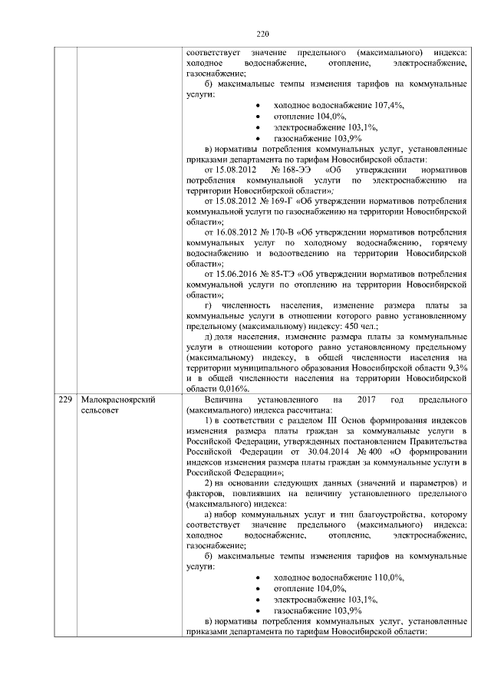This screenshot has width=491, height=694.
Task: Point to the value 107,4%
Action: (x=389, y=104)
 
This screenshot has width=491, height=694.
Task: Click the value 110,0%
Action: (x=389, y=577)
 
